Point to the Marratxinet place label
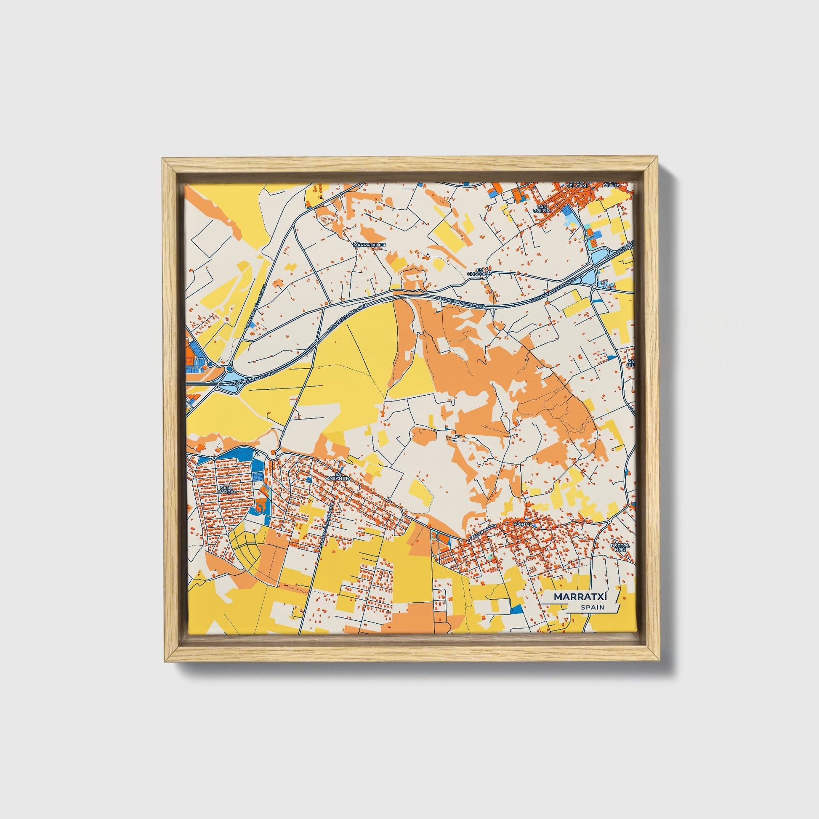pyautogui.click(x=370, y=245)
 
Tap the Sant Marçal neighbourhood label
pyautogui.click(x=226, y=489)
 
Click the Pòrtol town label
pyautogui.click(x=519, y=524)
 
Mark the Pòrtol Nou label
pyautogui.click(x=620, y=547)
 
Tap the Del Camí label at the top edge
pyautogui.click(x=577, y=185)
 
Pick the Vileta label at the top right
pyautogui.click(x=613, y=184)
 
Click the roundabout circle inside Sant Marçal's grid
pyautogui.click(x=219, y=509)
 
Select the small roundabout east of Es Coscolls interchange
pyautogui.click(x=594, y=287)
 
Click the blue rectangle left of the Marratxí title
pyautogui.click(x=516, y=609)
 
